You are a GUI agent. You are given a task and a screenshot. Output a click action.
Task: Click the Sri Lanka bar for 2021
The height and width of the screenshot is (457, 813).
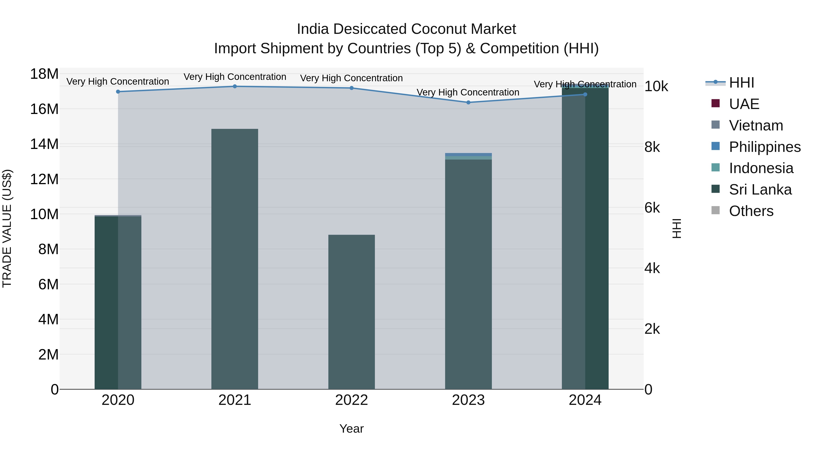click(x=234, y=259)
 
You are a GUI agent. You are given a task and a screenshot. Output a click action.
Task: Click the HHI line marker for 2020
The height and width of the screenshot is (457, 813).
click(x=118, y=91)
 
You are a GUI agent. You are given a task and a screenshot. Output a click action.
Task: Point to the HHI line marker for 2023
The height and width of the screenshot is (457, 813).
click(x=468, y=102)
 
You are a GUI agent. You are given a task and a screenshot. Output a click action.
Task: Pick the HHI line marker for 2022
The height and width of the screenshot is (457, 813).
click(x=351, y=88)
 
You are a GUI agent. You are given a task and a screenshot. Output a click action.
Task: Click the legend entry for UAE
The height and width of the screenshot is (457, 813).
click(x=744, y=104)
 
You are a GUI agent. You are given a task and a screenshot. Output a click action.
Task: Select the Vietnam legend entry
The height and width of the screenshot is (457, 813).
click(x=756, y=125)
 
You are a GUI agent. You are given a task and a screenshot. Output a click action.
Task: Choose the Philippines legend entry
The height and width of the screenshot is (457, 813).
click(x=764, y=147)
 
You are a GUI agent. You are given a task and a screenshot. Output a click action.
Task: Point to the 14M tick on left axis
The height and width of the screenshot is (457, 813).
click(x=44, y=144)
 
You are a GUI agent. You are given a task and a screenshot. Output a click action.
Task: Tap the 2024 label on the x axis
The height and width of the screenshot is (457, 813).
click(x=585, y=400)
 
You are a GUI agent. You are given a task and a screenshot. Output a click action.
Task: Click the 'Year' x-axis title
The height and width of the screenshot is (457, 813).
click(x=351, y=429)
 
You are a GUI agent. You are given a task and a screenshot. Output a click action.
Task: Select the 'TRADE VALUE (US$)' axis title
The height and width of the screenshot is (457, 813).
click(x=7, y=228)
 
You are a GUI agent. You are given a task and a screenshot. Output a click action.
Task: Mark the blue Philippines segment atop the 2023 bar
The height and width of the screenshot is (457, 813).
click(x=468, y=154)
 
